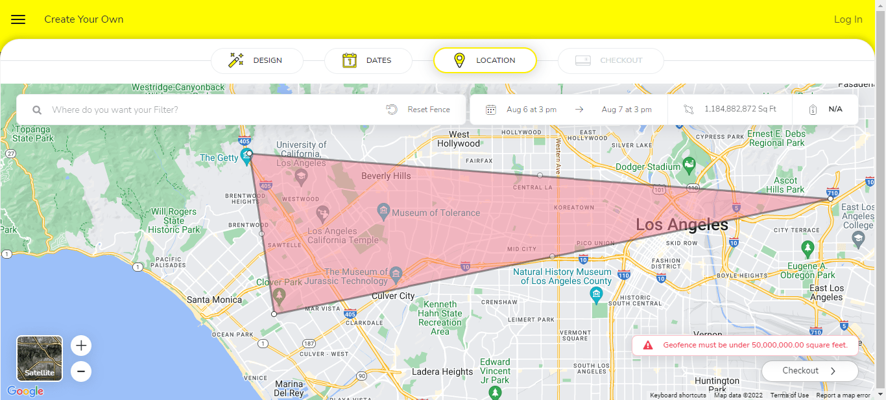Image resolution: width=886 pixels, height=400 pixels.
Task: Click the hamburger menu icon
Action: [18, 19]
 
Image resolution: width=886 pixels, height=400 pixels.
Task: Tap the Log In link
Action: [848, 19]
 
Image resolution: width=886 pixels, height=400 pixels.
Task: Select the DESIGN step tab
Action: [257, 60]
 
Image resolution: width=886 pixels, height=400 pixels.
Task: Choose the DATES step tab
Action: [368, 60]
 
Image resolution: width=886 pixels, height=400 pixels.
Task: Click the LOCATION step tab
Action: [485, 60]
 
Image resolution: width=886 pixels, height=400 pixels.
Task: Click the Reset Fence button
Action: [418, 110]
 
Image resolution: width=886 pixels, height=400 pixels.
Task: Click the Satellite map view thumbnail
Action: [40, 358]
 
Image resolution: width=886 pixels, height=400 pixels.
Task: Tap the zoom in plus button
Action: [81, 346]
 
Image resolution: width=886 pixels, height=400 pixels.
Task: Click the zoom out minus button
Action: [81, 371]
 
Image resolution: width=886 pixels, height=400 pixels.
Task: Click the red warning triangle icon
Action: [647, 345]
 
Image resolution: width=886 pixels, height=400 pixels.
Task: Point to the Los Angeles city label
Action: [682, 225]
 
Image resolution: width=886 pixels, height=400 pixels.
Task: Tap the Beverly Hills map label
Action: [386, 176]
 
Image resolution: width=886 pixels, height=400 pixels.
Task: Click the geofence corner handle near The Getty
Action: [250, 154]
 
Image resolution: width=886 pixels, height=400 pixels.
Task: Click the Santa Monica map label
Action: [214, 300]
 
